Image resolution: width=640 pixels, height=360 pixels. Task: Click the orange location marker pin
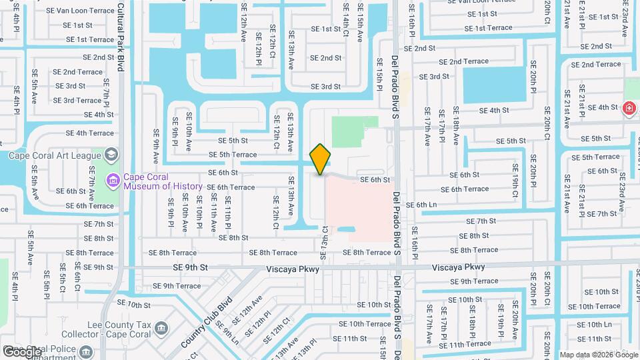point(320,159)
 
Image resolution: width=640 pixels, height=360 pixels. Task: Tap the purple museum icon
point(111,179)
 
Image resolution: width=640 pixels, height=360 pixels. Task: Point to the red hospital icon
point(628,108)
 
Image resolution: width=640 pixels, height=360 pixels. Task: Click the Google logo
point(22,351)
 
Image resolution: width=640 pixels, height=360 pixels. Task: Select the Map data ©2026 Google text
point(598,354)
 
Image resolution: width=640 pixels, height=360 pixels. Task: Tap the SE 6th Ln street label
point(421,205)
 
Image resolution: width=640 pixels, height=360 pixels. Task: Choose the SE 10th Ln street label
point(594,325)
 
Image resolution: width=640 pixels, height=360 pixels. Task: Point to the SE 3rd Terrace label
point(77,101)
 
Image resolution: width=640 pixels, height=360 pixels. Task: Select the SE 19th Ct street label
point(515,180)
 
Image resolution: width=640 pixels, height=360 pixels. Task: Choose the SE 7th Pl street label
point(106,93)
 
